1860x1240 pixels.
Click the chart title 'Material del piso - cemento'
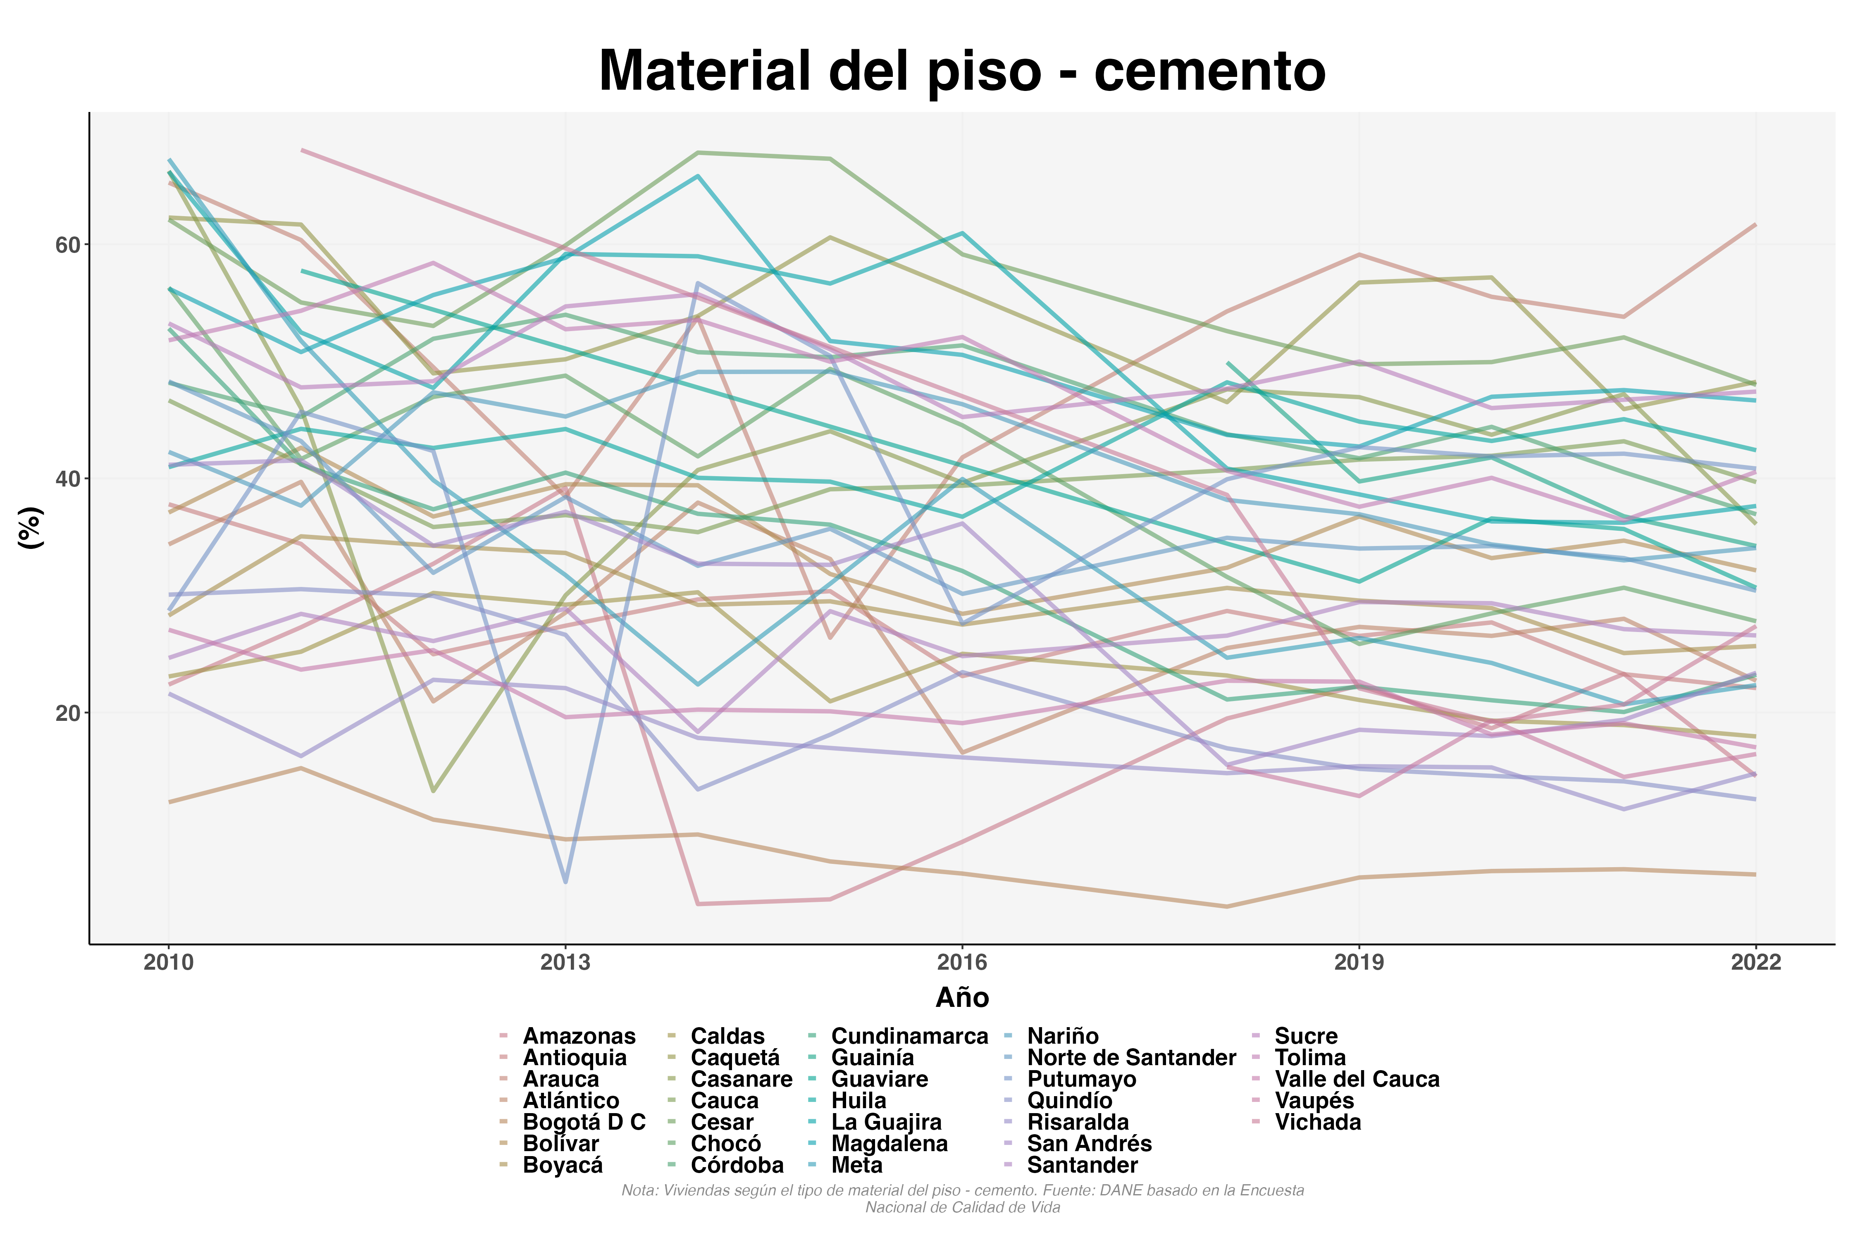tap(962, 71)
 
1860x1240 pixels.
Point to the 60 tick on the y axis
tap(68, 245)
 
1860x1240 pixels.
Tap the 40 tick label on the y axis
tap(68, 479)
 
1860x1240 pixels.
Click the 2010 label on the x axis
tap(169, 962)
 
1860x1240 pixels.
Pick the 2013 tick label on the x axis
tap(565, 962)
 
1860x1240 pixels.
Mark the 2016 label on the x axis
tap(962, 962)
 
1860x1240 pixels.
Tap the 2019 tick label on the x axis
tap(1359, 962)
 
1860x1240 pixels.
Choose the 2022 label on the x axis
tap(1755, 962)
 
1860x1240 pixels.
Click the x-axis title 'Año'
tap(962, 998)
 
